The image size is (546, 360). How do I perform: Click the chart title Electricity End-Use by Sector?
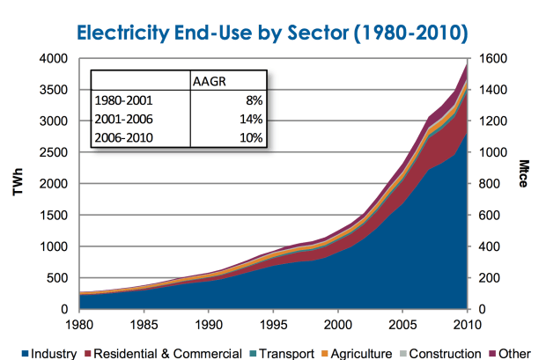(x=273, y=33)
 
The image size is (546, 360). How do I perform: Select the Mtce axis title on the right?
(x=530, y=184)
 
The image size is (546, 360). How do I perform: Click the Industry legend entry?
(x=53, y=353)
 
